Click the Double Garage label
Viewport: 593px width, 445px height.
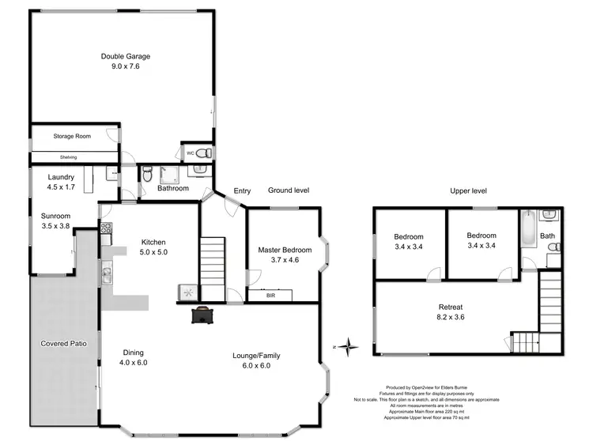(x=126, y=56)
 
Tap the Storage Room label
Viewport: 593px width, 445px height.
(x=72, y=136)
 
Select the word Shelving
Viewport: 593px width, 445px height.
(x=68, y=157)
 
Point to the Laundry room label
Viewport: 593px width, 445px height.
(x=61, y=177)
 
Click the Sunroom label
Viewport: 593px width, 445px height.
(x=56, y=216)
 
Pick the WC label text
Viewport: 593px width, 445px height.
(x=191, y=153)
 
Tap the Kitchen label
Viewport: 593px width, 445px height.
(x=154, y=242)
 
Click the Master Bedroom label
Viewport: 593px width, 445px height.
(x=285, y=250)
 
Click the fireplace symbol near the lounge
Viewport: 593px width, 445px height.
(x=202, y=314)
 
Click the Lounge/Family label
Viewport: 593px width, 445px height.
(x=256, y=356)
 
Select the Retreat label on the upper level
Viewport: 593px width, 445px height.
(x=450, y=307)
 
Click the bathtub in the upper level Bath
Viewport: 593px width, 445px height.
(x=528, y=236)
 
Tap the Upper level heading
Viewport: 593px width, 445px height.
(x=468, y=190)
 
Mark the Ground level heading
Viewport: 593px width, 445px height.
(x=288, y=190)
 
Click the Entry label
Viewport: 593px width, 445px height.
(x=242, y=190)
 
